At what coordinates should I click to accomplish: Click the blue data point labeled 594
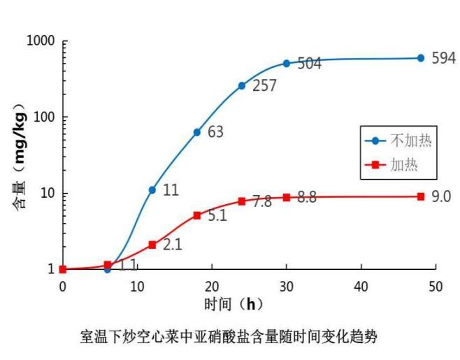[x=421, y=58]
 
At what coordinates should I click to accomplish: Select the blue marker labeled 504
[x=287, y=64]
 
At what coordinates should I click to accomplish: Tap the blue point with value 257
[x=242, y=86]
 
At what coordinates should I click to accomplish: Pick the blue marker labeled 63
[x=197, y=132]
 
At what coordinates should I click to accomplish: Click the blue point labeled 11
[x=152, y=190]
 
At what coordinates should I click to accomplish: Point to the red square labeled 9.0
[x=421, y=196]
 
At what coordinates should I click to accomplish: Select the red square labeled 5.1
[x=197, y=215]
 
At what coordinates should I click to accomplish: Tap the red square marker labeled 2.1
[x=152, y=245]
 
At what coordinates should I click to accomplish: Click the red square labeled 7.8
[x=242, y=201]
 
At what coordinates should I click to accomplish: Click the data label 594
[x=443, y=58]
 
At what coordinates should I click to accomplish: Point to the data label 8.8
[x=307, y=198]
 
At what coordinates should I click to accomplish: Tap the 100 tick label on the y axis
[x=45, y=117]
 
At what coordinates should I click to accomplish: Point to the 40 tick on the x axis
[x=361, y=286]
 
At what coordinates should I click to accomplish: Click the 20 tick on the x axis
[x=212, y=286]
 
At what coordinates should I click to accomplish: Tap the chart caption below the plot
[x=229, y=338]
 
